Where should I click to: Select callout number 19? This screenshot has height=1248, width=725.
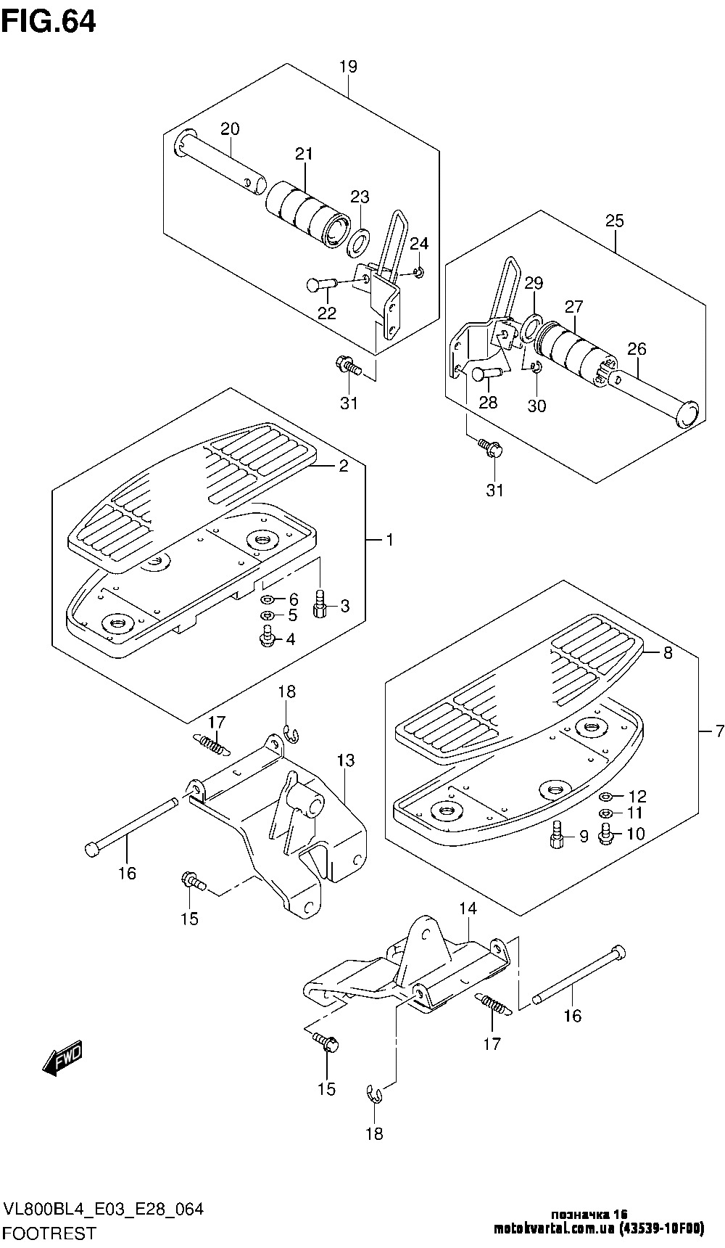click(x=348, y=67)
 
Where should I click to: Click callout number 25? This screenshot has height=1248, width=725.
click(x=614, y=221)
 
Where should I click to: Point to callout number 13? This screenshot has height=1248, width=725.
click(x=345, y=760)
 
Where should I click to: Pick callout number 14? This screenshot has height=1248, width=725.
click(x=468, y=908)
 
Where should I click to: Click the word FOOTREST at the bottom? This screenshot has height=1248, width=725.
click(x=49, y=1233)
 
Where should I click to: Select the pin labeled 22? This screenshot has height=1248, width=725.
click(x=320, y=284)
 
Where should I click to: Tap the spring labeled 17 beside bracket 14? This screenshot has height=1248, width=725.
click(x=494, y=1005)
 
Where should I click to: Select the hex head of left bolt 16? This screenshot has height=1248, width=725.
click(x=92, y=847)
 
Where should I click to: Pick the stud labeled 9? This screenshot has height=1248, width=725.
click(x=557, y=836)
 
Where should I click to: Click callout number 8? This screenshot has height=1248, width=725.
click(x=667, y=653)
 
